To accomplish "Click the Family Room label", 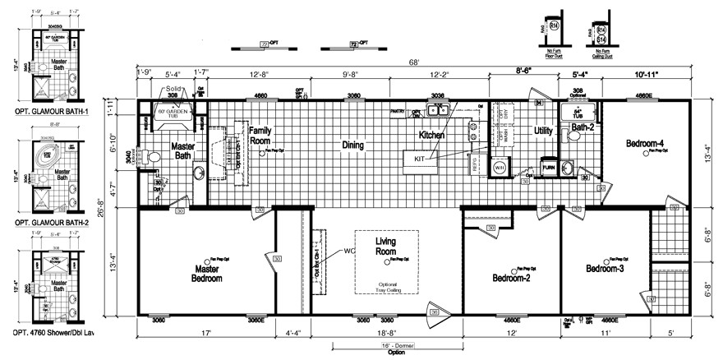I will (x=260, y=135).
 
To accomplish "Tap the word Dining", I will (x=352, y=145).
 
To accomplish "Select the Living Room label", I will (x=391, y=246).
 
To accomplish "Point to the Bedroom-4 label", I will (x=645, y=145).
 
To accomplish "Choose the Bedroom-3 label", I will (x=607, y=269).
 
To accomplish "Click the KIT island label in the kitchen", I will (x=420, y=157).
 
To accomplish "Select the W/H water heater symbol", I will (x=498, y=170).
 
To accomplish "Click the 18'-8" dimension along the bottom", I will (x=385, y=334).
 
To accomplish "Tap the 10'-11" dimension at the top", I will (x=647, y=75).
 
